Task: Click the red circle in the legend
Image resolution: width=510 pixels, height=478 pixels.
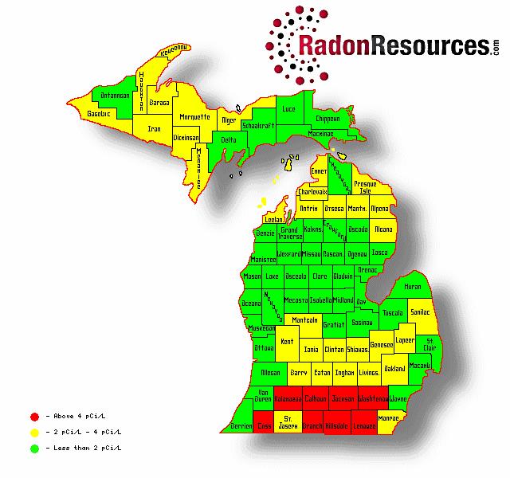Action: [33, 415]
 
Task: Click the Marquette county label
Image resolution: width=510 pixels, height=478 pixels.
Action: [194, 116]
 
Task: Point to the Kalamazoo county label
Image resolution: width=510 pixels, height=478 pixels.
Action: [287, 397]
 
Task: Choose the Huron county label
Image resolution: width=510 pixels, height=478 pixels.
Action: [413, 285]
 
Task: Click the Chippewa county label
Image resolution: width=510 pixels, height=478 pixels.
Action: [328, 118]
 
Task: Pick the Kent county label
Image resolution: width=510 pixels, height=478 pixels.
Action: [287, 341]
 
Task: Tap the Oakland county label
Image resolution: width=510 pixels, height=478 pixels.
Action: [394, 369]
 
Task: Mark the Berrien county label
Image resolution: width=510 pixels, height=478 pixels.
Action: [241, 426]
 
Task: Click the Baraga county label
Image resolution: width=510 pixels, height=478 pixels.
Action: [160, 103]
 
